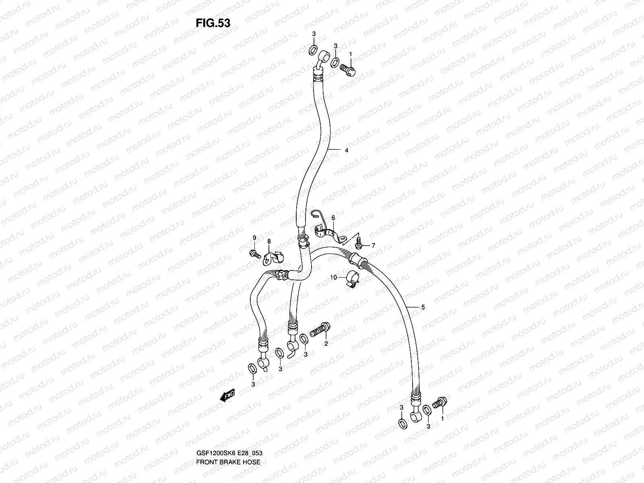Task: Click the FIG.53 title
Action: (x=213, y=23)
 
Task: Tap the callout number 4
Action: (x=346, y=150)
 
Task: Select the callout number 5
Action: (x=423, y=308)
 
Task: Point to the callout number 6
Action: (x=333, y=218)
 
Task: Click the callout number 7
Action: (x=373, y=245)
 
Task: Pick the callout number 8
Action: (x=269, y=241)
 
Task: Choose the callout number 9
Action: (x=254, y=238)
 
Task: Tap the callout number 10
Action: (x=333, y=278)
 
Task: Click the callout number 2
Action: (x=326, y=344)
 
